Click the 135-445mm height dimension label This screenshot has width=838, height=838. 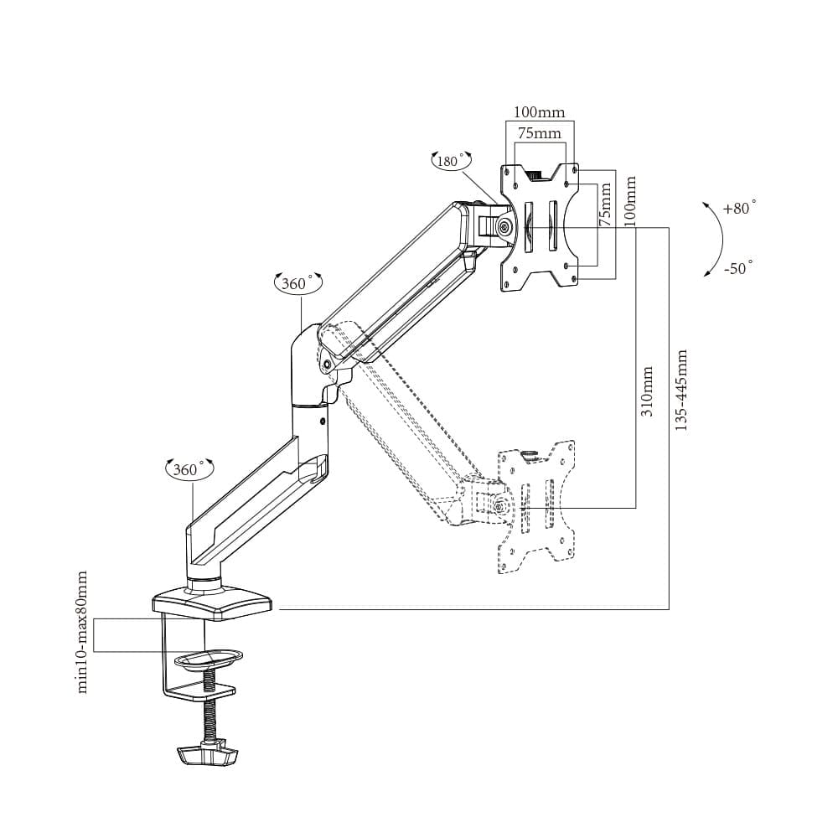point(680,391)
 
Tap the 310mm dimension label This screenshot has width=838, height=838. point(646,391)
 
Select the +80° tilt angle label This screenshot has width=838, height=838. point(740,207)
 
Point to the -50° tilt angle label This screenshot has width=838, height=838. point(739,267)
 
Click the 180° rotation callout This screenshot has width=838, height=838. point(452,160)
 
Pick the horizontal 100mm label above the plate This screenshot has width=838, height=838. point(539,112)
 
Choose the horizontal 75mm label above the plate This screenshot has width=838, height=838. point(539,133)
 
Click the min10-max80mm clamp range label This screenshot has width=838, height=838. point(82,632)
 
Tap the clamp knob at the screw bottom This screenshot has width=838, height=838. point(207,755)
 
